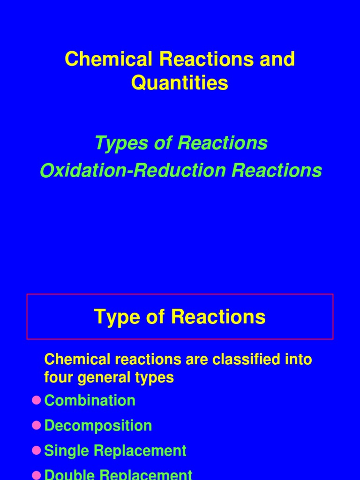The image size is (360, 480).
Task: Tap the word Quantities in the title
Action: (180, 83)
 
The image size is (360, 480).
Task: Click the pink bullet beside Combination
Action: (37, 400)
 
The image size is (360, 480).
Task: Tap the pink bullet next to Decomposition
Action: (37, 426)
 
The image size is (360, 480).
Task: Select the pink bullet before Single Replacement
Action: (37, 450)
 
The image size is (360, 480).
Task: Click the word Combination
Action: (90, 400)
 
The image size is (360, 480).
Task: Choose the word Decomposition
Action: (98, 426)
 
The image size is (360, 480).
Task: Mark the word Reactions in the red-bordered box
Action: (218, 317)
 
